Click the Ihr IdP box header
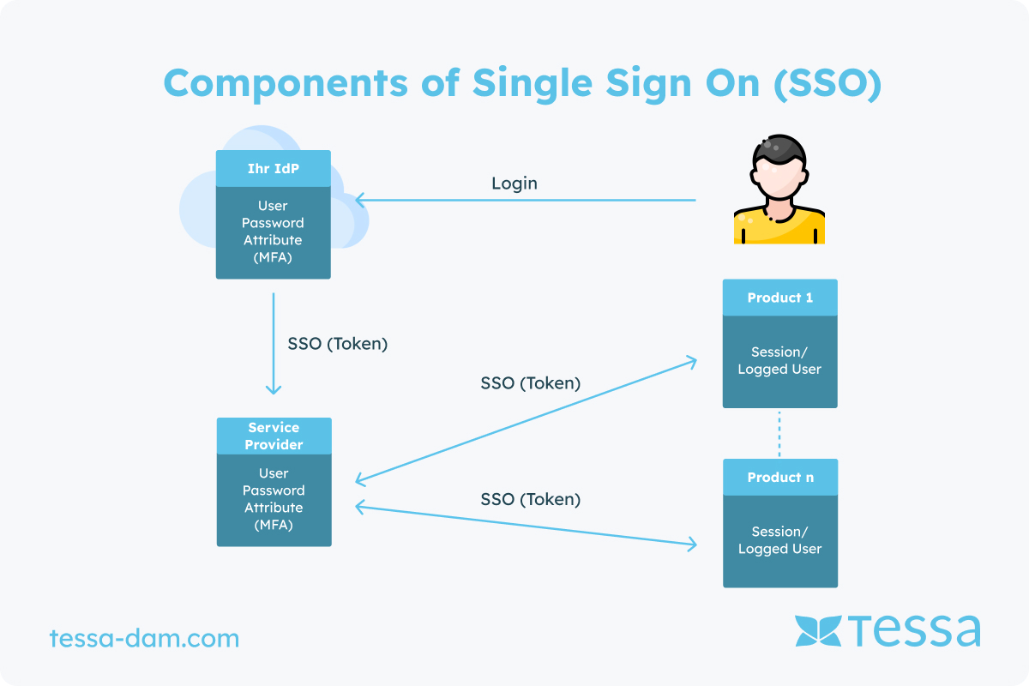pos(273,168)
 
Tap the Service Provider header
pos(274,436)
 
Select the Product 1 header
pos(779,298)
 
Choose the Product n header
pos(780,477)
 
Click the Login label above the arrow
pos(514,183)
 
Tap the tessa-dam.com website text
pos(144,638)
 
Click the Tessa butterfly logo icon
pos(818,630)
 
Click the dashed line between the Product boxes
pos(779,433)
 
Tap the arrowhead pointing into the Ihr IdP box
pos(361,201)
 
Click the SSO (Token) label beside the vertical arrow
pos(338,344)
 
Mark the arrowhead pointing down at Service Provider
pos(274,389)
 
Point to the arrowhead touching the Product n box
pos(692,544)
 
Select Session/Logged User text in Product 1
pos(779,360)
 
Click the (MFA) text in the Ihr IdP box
pos(273,257)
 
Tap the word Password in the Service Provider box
pos(274,490)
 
